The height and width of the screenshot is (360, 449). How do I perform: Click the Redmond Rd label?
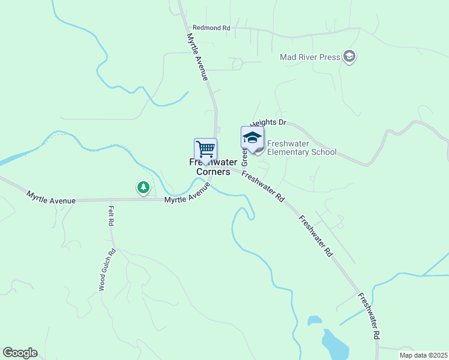pyautogui.click(x=211, y=28)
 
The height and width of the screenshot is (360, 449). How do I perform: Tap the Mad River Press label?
pyautogui.click(x=310, y=58)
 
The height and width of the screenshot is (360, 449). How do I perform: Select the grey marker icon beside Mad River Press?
pyautogui.click(x=349, y=58)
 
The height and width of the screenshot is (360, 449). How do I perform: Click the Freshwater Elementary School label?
pyautogui.click(x=301, y=148)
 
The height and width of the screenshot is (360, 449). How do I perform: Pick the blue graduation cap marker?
pyautogui.click(x=252, y=138)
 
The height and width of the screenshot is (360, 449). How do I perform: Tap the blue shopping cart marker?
pyautogui.click(x=205, y=149)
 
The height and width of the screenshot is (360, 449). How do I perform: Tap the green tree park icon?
pyautogui.click(x=143, y=188)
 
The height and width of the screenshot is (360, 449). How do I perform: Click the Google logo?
pyautogui.click(x=20, y=353)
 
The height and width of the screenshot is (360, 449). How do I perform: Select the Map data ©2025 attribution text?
pyautogui.click(x=423, y=355)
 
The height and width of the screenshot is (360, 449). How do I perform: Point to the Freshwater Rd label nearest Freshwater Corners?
pyautogui.click(x=263, y=185)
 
